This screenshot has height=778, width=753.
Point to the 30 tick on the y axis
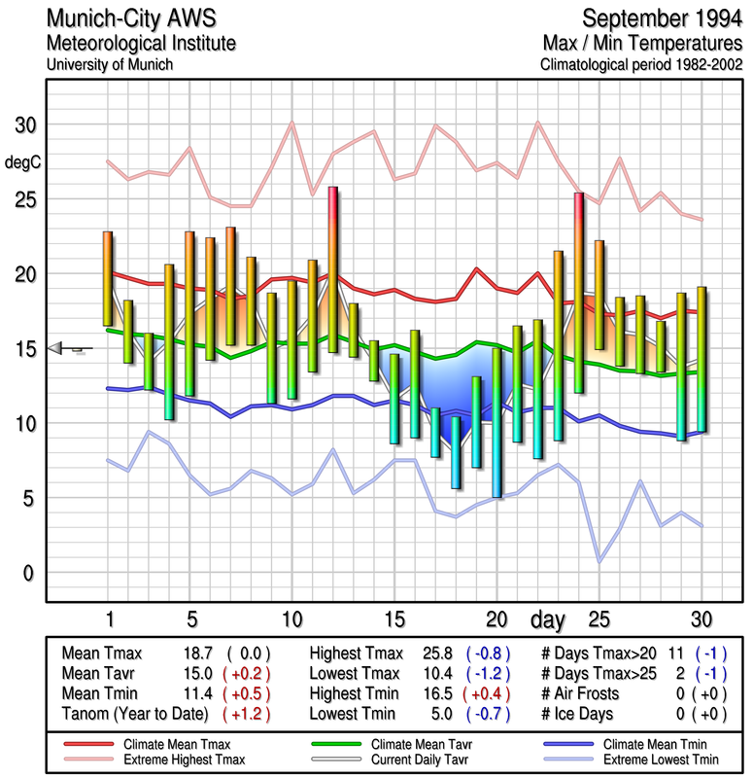click(24, 125)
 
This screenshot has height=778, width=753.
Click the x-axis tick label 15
click(394, 619)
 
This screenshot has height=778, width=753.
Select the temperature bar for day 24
click(578, 292)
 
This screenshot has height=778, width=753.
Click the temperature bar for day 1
click(108, 278)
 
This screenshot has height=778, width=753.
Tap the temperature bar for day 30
click(701, 359)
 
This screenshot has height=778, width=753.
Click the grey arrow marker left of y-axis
click(58, 347)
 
